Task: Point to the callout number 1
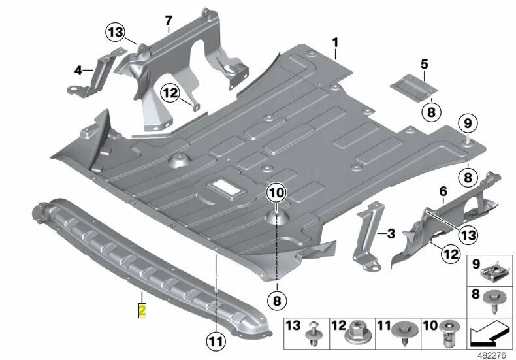tap(335, 44)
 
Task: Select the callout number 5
tap(423, 64)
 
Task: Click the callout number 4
tap(78, 70)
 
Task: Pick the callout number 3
tap(391, 233)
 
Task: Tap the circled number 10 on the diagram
tap(276, 192)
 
